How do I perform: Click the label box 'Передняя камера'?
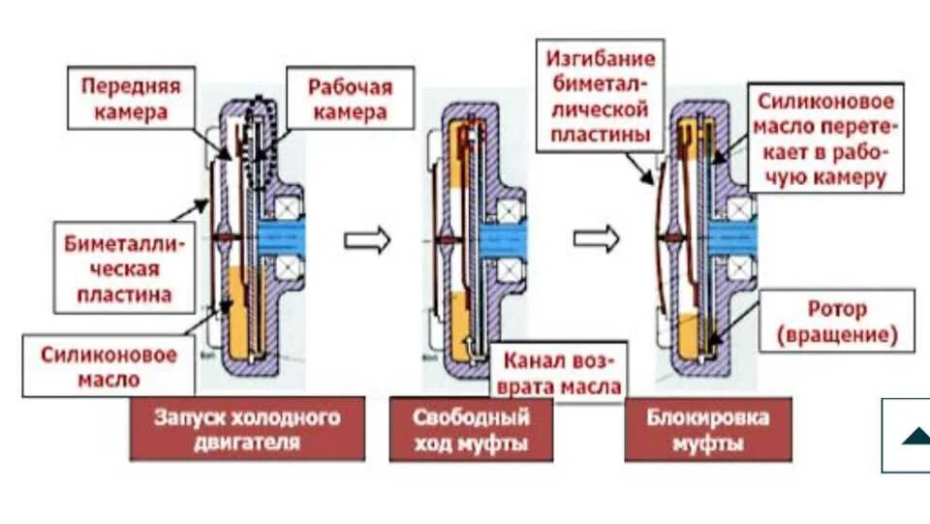[124, 98]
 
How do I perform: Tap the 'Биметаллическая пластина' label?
[125, 268]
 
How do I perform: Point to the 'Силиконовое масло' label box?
[108, 366]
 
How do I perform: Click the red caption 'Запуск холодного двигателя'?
[247, 429]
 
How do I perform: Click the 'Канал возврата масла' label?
[560, 374]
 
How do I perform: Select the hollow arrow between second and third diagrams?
[596, 238]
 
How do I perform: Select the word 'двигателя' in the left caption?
[247, 443]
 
